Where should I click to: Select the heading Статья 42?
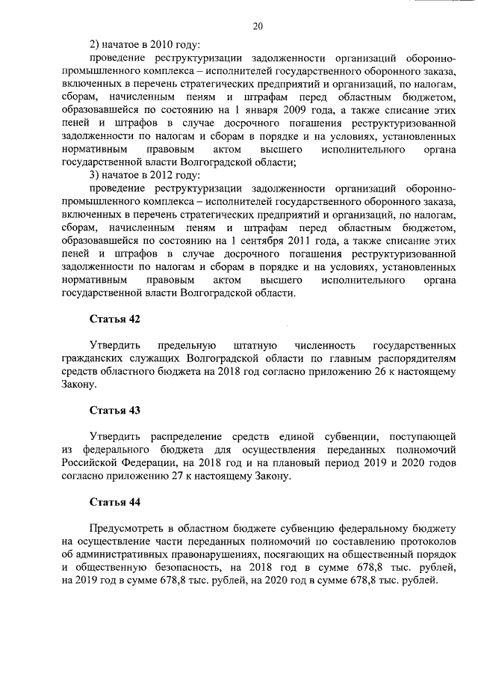point(115,319)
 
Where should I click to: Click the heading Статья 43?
point(115,410)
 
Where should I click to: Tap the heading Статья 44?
point(115,501)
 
